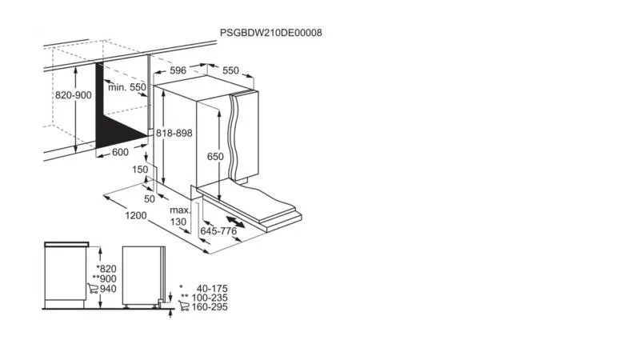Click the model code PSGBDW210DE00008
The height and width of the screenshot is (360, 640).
tap(271, 33)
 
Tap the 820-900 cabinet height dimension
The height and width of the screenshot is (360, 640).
tap(74, 95)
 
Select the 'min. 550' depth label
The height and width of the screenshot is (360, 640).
tap(127, 87)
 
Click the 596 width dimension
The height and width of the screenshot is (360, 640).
tap(178, 70)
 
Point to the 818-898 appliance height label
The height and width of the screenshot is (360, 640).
tap(174, 133)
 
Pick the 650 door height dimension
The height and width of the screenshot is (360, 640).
tap(215, 156)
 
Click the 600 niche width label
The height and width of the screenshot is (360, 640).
tap(120, 152)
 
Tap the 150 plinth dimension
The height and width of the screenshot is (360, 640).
tap(140, 169)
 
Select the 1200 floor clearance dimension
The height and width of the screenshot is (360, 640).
tap(136, 215)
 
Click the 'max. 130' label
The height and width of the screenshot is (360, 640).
tap(179, 216)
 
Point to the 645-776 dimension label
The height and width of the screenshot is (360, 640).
tap(218, 231)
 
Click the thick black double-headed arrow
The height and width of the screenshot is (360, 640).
tap(236, 222)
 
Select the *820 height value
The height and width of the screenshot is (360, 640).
tap(106, 269)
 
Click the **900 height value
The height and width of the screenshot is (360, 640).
tap(105, 278)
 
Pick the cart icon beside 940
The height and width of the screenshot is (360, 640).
tap(93, 289)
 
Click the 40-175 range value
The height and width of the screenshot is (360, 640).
tap(212, 289)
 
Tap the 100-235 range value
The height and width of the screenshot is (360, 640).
tap(210, 298)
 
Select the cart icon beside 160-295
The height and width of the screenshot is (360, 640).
tap(184, 306)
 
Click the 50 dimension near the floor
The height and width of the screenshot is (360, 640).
tap(150, 198)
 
